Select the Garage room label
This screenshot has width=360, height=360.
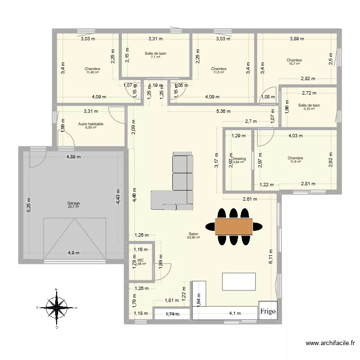(73, 203)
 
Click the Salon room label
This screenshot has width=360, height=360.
(193, 234)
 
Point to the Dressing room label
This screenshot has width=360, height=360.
(239, 158)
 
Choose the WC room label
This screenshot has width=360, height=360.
(140, 260)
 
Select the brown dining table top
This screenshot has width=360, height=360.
(234, 226)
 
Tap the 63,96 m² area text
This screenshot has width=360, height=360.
(193, 237)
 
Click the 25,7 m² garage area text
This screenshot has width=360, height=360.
(73, 207)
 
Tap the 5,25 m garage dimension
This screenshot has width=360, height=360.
(29, 206)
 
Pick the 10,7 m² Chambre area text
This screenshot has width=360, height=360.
(294, 63)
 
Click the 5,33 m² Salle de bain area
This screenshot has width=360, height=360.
(309, 109)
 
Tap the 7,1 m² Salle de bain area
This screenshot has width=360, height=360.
(156, 57)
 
